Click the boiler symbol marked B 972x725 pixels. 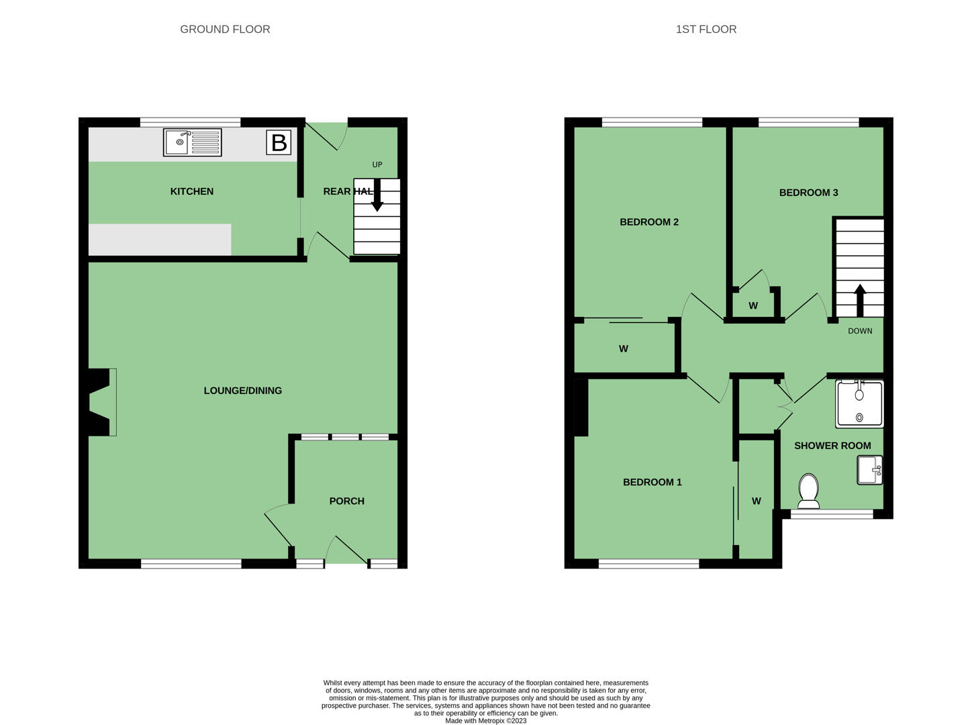tap(279, 142)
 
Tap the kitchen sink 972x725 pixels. tap(192, 142)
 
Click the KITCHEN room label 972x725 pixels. tap(192, 191)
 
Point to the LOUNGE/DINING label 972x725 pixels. tap(243, 391)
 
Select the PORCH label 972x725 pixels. tap(347, 501)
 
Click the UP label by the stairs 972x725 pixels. tap(377, 164)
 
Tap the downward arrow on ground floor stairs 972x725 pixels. tap(377, 195)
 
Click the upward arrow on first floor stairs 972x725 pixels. tap(859, 300)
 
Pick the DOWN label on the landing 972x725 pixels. tap(859, 331)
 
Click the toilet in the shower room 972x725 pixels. tap(808, 491)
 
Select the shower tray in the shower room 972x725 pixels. tap(859, 404)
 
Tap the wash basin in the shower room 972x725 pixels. tap(870, 470)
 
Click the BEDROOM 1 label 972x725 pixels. tap(652, 482)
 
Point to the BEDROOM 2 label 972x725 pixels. tap(648, 222)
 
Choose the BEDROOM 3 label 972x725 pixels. tap(808, 193)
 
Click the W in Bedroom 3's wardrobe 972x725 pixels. tap(752, 305)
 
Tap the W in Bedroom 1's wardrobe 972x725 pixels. tap(756, 501)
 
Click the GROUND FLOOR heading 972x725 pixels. tap(225, 30)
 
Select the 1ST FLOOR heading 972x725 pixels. tap(706, 30)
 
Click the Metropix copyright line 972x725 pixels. tap(486, 720)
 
